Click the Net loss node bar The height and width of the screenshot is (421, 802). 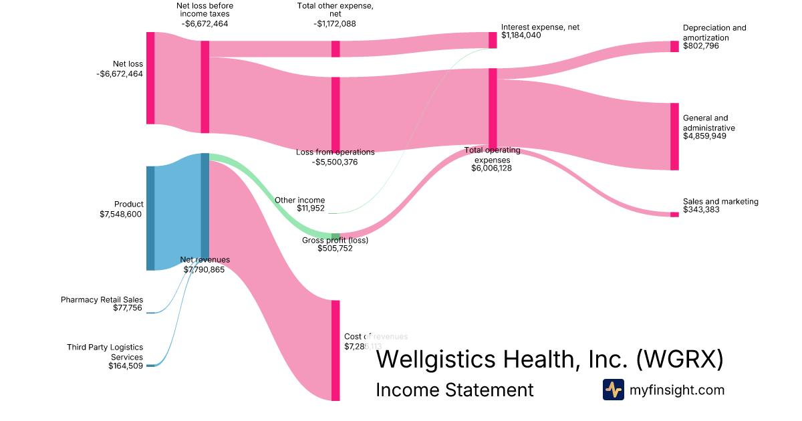click(150, 78)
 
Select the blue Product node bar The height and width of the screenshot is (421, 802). click(150, 218)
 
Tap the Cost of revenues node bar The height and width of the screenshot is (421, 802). click(336, 350)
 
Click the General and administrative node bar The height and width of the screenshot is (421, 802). click(674, 136)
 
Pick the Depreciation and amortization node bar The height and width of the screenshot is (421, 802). click(674, 46)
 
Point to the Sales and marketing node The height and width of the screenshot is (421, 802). click(674, 215)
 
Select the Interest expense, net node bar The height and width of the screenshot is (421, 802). click(493, 40)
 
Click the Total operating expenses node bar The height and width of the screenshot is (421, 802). click(493, 108)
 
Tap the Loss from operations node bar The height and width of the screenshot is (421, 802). click(336, 114)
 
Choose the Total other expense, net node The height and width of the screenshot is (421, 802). click(336, 49)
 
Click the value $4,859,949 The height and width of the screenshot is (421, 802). click(704, 136)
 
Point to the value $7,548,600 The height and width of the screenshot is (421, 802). click(121, 214)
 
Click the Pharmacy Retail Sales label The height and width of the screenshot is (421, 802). click(102, 300)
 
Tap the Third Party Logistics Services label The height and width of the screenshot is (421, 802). click(105, 352)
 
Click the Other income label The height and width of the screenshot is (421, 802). click(299, 200)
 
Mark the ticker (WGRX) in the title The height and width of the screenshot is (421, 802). click(679, 359)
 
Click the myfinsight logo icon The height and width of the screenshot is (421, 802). click(613, 390)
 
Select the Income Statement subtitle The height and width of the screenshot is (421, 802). click(454, 390)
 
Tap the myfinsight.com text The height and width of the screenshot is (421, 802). click(677, 390)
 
